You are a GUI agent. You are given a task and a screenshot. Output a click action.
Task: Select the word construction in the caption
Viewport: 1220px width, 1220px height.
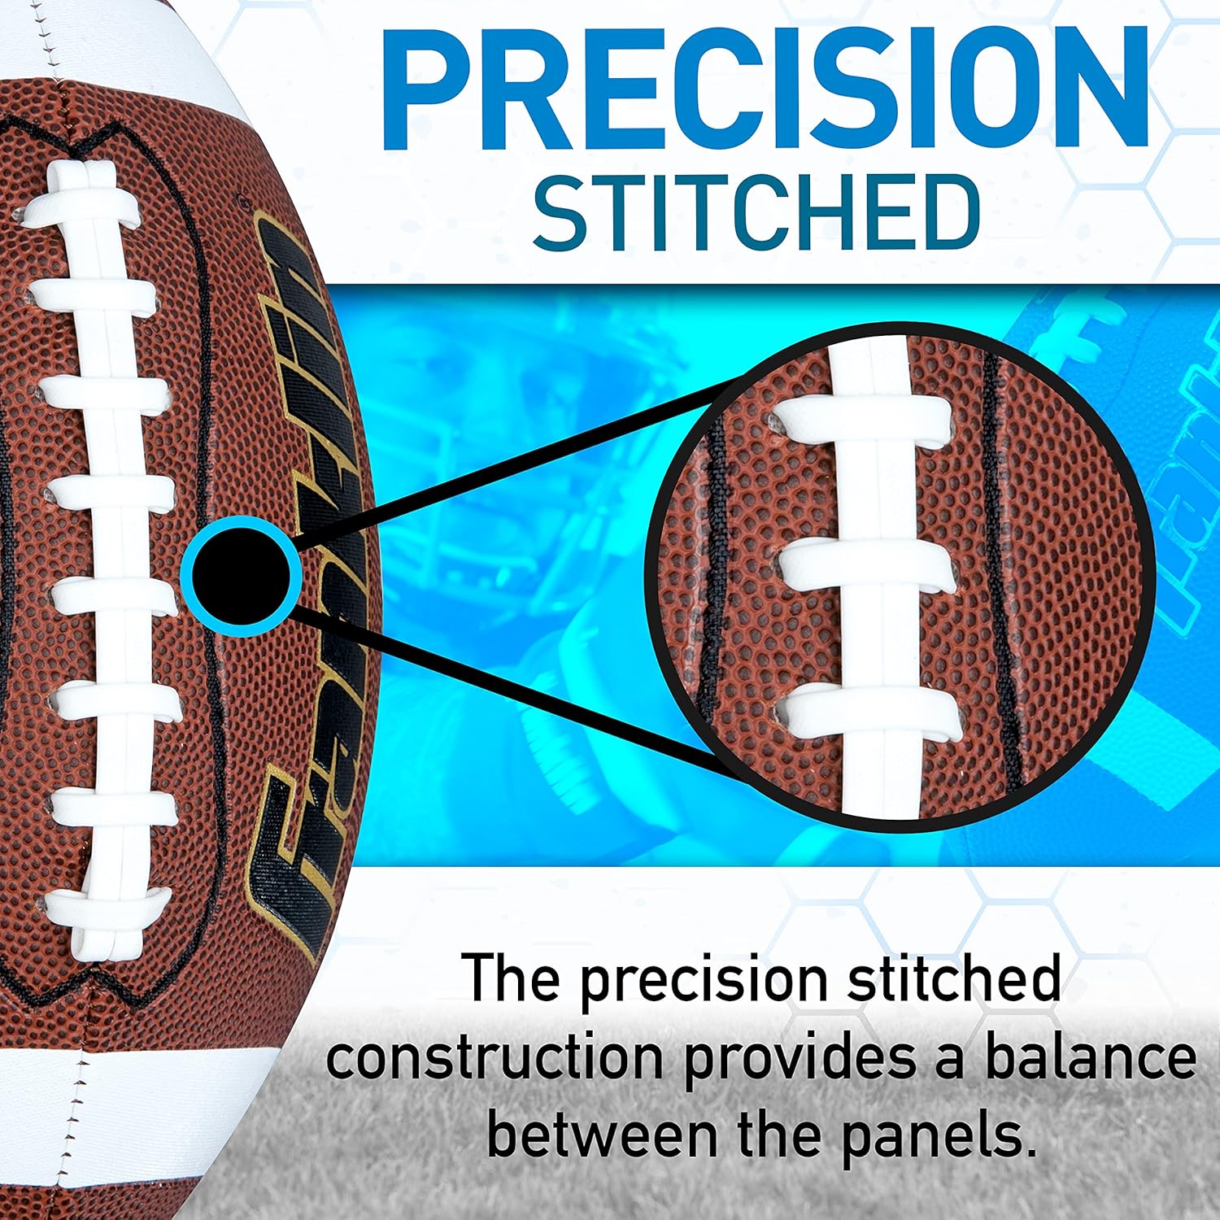(495, 1059)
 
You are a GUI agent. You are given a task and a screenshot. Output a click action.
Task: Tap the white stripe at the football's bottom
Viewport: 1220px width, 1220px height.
(122, 1090)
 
